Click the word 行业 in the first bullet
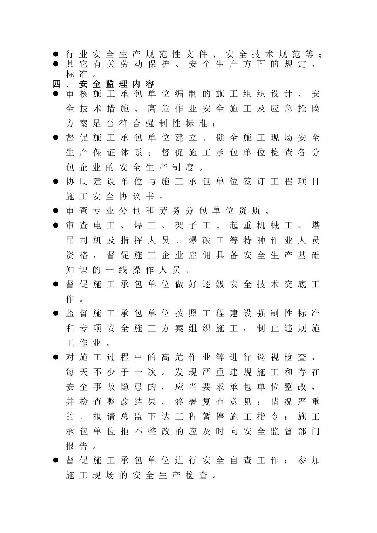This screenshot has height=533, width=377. pyautogui.click(x=77, y=54)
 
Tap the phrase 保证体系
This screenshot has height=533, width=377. pyautogui.click(x=117, y=153)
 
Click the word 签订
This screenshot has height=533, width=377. pyautogui.click(x=254, y=182)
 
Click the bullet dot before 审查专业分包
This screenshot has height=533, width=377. pyautogui.click(x=56, y=211)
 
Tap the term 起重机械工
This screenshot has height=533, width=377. pyautogui.click(x=261, y=226)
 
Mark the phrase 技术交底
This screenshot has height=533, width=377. pyautogui.click(x=275, y=284)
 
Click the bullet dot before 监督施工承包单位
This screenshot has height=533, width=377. pyautogui.click(x=56, y=314)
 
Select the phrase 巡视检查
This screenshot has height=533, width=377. pyautogui.click(x=282, y=358)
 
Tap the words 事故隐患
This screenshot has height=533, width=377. pyautogui.click(x=124, y=387)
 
